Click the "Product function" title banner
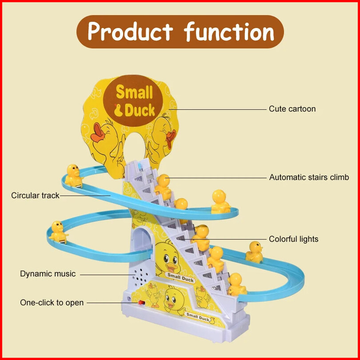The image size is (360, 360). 180,32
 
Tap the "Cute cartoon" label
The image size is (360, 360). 292,109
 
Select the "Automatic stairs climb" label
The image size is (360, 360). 309,177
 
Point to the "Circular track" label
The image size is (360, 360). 35,195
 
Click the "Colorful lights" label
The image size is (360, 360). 293,239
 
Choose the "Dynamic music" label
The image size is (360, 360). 48,274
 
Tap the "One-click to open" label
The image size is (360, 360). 52,303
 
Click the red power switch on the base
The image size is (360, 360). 141,303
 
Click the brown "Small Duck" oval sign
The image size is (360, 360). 134,101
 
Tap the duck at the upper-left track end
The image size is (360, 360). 74,175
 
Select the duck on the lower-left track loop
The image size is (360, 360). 58,232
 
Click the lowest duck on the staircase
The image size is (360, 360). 236,284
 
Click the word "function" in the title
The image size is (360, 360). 229,32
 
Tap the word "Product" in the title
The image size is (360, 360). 130,32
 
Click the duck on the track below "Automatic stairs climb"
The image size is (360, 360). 220,201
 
